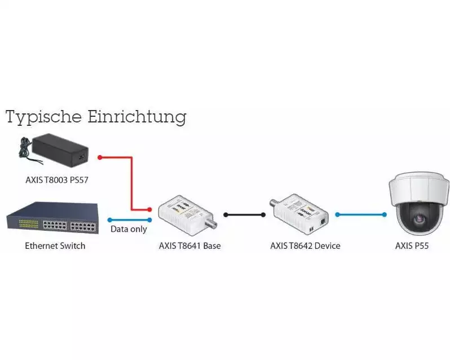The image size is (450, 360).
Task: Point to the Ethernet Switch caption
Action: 55,245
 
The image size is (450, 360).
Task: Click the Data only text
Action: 129,229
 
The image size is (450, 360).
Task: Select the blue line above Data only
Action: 129,219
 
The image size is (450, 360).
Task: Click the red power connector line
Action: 131,181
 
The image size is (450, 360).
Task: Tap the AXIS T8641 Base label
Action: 190,245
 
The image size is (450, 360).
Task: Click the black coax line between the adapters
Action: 244,215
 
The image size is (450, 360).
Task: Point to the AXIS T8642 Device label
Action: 305,245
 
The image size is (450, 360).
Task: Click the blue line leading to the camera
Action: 360,214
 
